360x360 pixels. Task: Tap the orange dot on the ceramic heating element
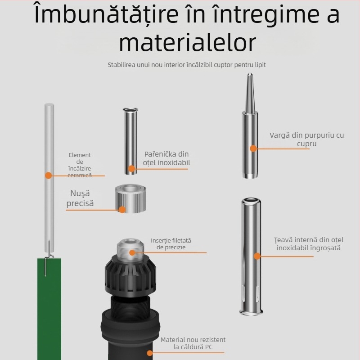(x=49, y=175)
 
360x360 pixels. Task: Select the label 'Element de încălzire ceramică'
(x=80, y=165)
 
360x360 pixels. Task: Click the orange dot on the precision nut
(x=122, y=209)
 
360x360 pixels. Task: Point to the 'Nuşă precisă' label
(x=80, y=198)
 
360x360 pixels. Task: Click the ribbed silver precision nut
(x=130, y=198)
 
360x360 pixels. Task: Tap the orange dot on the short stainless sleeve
(x=131, y=169)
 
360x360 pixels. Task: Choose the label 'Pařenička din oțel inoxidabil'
(x=166, y=158)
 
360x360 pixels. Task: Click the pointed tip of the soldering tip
(x=250, y=73)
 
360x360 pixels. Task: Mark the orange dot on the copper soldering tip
(x=253, y=148)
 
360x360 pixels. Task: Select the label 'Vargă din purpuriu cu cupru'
(x=307, y=139)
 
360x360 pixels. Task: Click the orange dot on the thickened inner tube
(x=257, y=256)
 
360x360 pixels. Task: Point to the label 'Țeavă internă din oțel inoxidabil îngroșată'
(x=309, y=244)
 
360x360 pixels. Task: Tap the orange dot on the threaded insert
(x=132, y=252)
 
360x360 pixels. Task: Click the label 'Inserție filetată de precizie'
(x=171, y=244)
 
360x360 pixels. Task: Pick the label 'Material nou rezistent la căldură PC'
(x=193, y=343)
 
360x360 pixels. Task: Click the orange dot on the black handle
(x=150, y=353)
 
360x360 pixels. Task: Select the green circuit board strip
(x=49, y=309)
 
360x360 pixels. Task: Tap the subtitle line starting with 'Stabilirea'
(x=187, y=65)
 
